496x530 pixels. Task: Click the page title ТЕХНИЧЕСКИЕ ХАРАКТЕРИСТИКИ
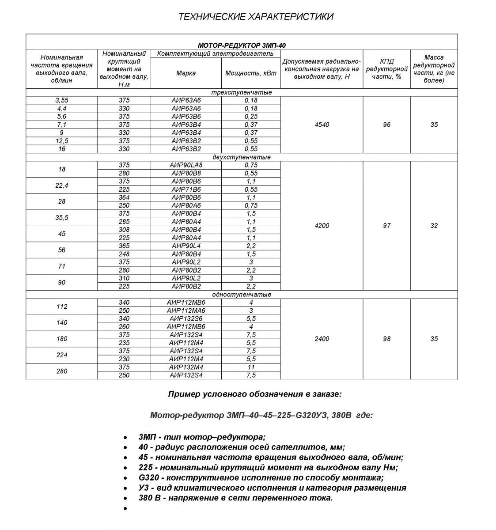coord(255,17)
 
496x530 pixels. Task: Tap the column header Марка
coord(186,73)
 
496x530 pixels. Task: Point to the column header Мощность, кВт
coord(250,73)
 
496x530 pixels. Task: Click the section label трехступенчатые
coord(242,92)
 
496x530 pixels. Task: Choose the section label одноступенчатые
coord(242,295)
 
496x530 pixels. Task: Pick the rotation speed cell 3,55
coord(62,100)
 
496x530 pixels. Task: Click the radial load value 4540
coord(322,125)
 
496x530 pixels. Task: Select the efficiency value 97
coord(386,226)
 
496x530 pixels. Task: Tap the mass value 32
coord(434,226)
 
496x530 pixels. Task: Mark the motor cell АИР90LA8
coord(186,165)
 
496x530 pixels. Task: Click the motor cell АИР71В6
coord(186,189)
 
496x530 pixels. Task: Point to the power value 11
coord(250,367)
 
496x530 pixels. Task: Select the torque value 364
coord(124,197)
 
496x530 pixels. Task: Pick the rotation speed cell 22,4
coord(62,185)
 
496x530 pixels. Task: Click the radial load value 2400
coord(322,339)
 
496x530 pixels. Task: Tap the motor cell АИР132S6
coord(186,318)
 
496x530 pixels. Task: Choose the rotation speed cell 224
coord(62,355)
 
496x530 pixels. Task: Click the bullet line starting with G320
coord(261,477)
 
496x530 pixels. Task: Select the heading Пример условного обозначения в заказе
coord(254,394)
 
